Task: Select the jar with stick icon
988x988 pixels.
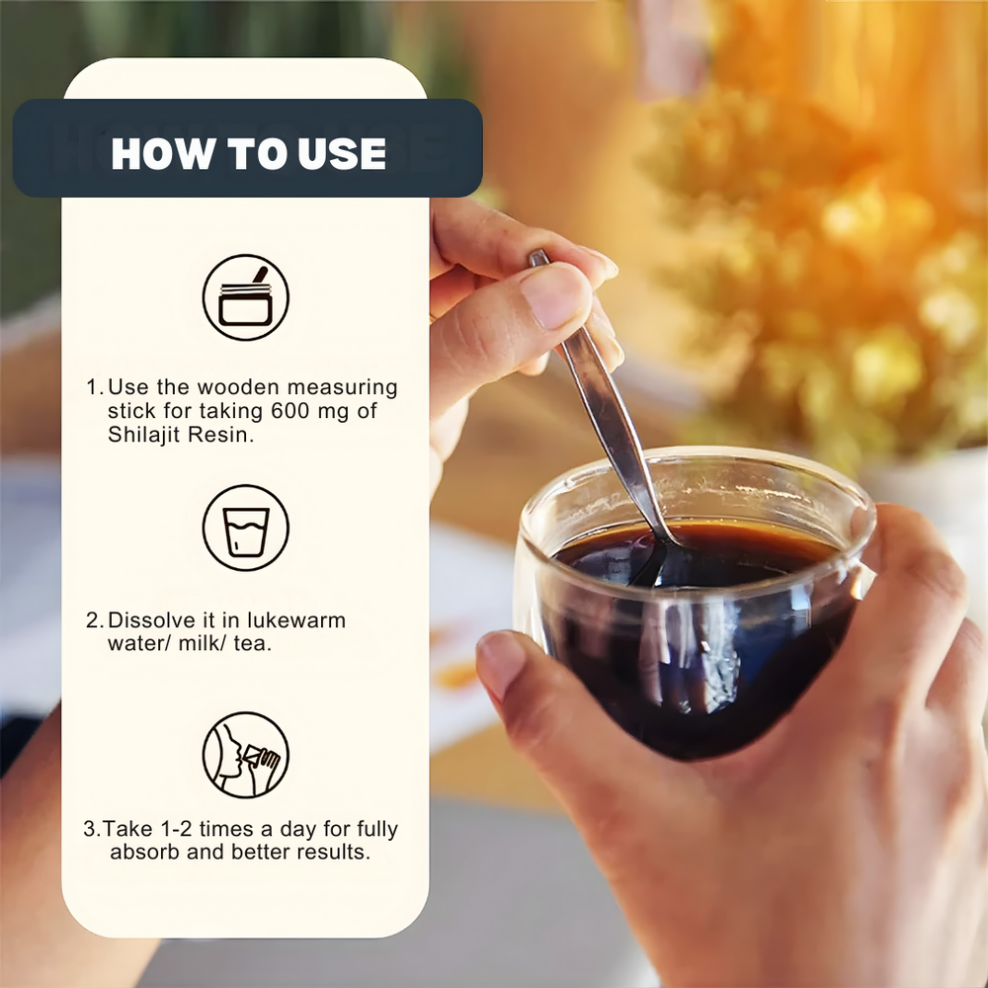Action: point(246,297)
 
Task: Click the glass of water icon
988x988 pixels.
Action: point(246,528)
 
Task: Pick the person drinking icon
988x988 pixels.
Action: point(246,755)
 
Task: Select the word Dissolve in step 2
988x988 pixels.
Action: point(151,620)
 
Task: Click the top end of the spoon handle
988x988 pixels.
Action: point(538,254)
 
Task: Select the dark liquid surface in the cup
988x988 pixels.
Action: point(694,553)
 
